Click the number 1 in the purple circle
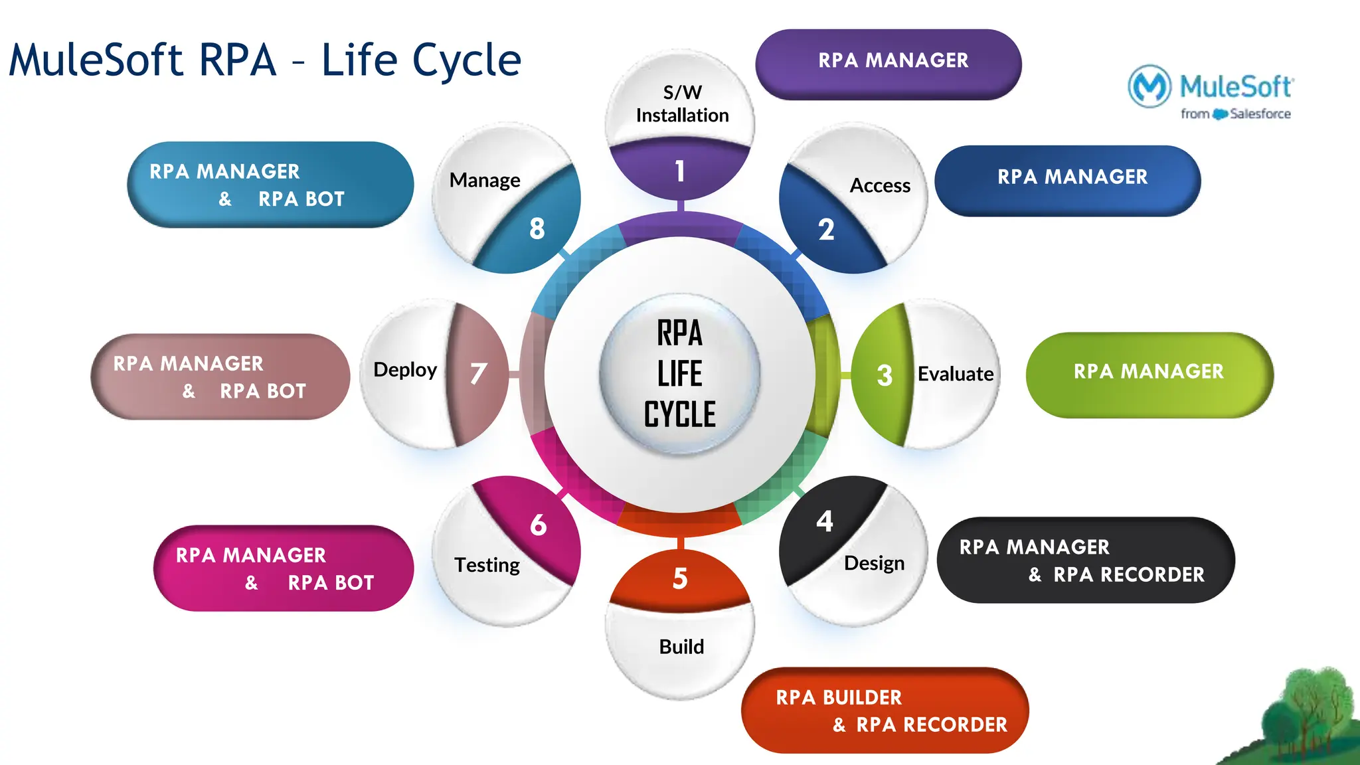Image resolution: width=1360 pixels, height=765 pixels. pyautogui.click(x=679, y=171)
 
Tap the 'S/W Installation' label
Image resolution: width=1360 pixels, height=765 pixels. pyautogui.click(x=682, y=104)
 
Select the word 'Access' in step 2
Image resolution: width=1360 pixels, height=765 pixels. pyautogui.click(x=880, y=185)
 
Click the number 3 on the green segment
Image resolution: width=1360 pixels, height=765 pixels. pyautogui.click(x=884, y=376)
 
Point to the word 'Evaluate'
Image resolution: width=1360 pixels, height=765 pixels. pyautogui.click(x=955, y=374)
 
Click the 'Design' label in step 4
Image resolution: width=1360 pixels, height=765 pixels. pyautogui.click(x=874, y=563)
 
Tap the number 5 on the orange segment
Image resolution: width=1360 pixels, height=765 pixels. pyautogui.click(x=679, y=579)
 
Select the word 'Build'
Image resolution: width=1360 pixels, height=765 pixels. pyautogui.click(x=681, y=647)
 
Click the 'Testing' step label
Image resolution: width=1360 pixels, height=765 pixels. pyautogui.click(x=487, y=565)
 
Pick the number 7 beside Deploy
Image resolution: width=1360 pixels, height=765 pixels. pyautogui.click(x=478, y=374)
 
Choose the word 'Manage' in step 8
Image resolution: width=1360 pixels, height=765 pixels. pyautogui.click(x=485, y=180)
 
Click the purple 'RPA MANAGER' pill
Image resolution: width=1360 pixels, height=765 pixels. pyautogui.click(x=888, y=64)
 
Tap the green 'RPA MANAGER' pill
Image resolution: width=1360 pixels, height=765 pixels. pyautogui.click(x=1149, y=374)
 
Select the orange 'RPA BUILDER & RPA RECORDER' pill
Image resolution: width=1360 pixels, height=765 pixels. pyautogui.click(x=885, y=711)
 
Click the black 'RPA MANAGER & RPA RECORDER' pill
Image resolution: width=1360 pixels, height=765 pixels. pyautogui.click(x=1084, y=560)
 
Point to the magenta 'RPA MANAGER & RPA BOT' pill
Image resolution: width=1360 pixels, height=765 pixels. pyautogui.click(x=284, y=568)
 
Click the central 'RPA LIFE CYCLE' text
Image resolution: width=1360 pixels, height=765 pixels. pyautogui.click(x=679, y=374)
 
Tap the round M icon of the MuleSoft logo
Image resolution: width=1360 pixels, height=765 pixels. pyautogui.click(x=1149, y=86)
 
